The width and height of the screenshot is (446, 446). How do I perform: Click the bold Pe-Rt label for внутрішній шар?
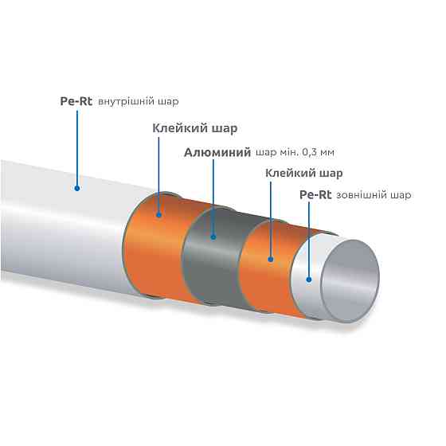click(x=76, y=101)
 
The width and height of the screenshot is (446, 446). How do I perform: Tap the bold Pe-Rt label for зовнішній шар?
click(x=315, y=195)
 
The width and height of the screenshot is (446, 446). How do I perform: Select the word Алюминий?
click(x=217, y=153)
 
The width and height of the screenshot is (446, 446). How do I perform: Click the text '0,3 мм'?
click(x=318, y=152)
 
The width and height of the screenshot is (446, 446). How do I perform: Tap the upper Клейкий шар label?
click(x=195, y=128)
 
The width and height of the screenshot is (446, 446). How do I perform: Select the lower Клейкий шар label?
click(x=304, y=174)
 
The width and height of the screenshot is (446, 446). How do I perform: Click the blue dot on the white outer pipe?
click(x=76, y=188)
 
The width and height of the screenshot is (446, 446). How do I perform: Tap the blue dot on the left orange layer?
click(x=159, y=215)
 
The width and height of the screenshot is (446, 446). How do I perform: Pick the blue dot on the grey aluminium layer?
click(x=213, y=237)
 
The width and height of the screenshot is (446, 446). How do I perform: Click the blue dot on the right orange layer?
click(x=271, y=259)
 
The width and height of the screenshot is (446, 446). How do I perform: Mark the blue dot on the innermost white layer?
click(x=309, y=280)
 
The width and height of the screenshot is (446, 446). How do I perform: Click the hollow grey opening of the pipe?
click(x=350, y=280)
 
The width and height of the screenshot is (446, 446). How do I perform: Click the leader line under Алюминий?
click(x=213, y=197)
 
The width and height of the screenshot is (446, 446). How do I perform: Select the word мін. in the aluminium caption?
click(x=288, y=152)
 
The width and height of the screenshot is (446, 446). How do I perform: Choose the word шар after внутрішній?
click(x=168, y=102)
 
